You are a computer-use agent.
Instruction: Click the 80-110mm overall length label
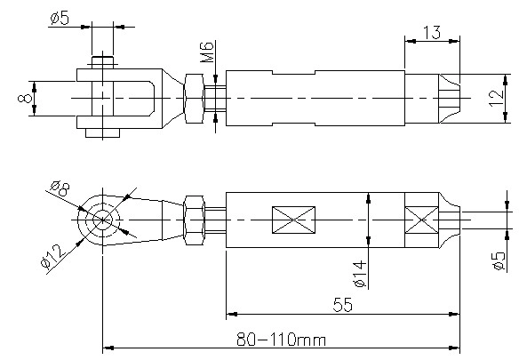[282, 340]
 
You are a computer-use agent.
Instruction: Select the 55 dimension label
[343, 305]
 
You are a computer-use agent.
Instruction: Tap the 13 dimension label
[432, 33]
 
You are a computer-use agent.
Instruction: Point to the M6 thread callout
[207, 52]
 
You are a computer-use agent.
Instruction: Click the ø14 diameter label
[360, 274]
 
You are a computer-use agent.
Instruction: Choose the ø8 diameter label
[60, 188]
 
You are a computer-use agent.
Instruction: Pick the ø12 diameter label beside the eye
[53, 257]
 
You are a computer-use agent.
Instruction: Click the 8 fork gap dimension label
[25, 98]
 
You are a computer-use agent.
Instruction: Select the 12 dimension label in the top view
[497, 98]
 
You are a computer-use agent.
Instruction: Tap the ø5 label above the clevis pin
[60, 18]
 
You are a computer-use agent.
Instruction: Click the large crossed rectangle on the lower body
[293, 220]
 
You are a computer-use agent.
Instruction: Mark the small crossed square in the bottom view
[422, 220]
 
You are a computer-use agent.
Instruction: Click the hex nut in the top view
[194, 98]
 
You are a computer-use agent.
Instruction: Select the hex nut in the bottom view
[194, 220]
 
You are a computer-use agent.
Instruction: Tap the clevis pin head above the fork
[102, 62]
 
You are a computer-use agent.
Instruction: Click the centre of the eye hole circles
[102, 220]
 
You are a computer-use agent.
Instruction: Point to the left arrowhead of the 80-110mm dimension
[108, 348]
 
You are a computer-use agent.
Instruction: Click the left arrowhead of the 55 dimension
[231, 315]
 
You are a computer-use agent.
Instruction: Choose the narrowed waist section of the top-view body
[293, 98]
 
